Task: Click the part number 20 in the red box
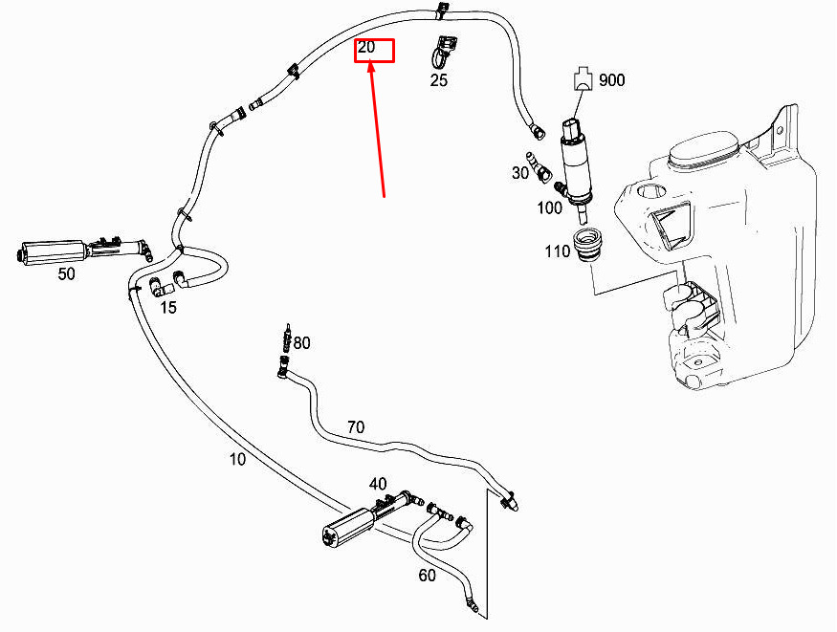[x=366, y=47]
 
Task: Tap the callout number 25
[x=438, y=80]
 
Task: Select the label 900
[x=611, y=80]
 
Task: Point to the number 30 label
[x=520, y=173]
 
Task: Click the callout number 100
[x=550, y=207]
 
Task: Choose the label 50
[x=66, y=274]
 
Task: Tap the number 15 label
[x=167, y=307]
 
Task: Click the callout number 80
[x=302, y=342]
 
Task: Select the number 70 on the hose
[x=355, y=426]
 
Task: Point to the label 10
[x=237, y=459]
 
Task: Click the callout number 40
[x=378, y=484]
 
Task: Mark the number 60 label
[x=427, y=576]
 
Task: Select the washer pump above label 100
[x=576, y=158]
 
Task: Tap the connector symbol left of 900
[x=583, y=79]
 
